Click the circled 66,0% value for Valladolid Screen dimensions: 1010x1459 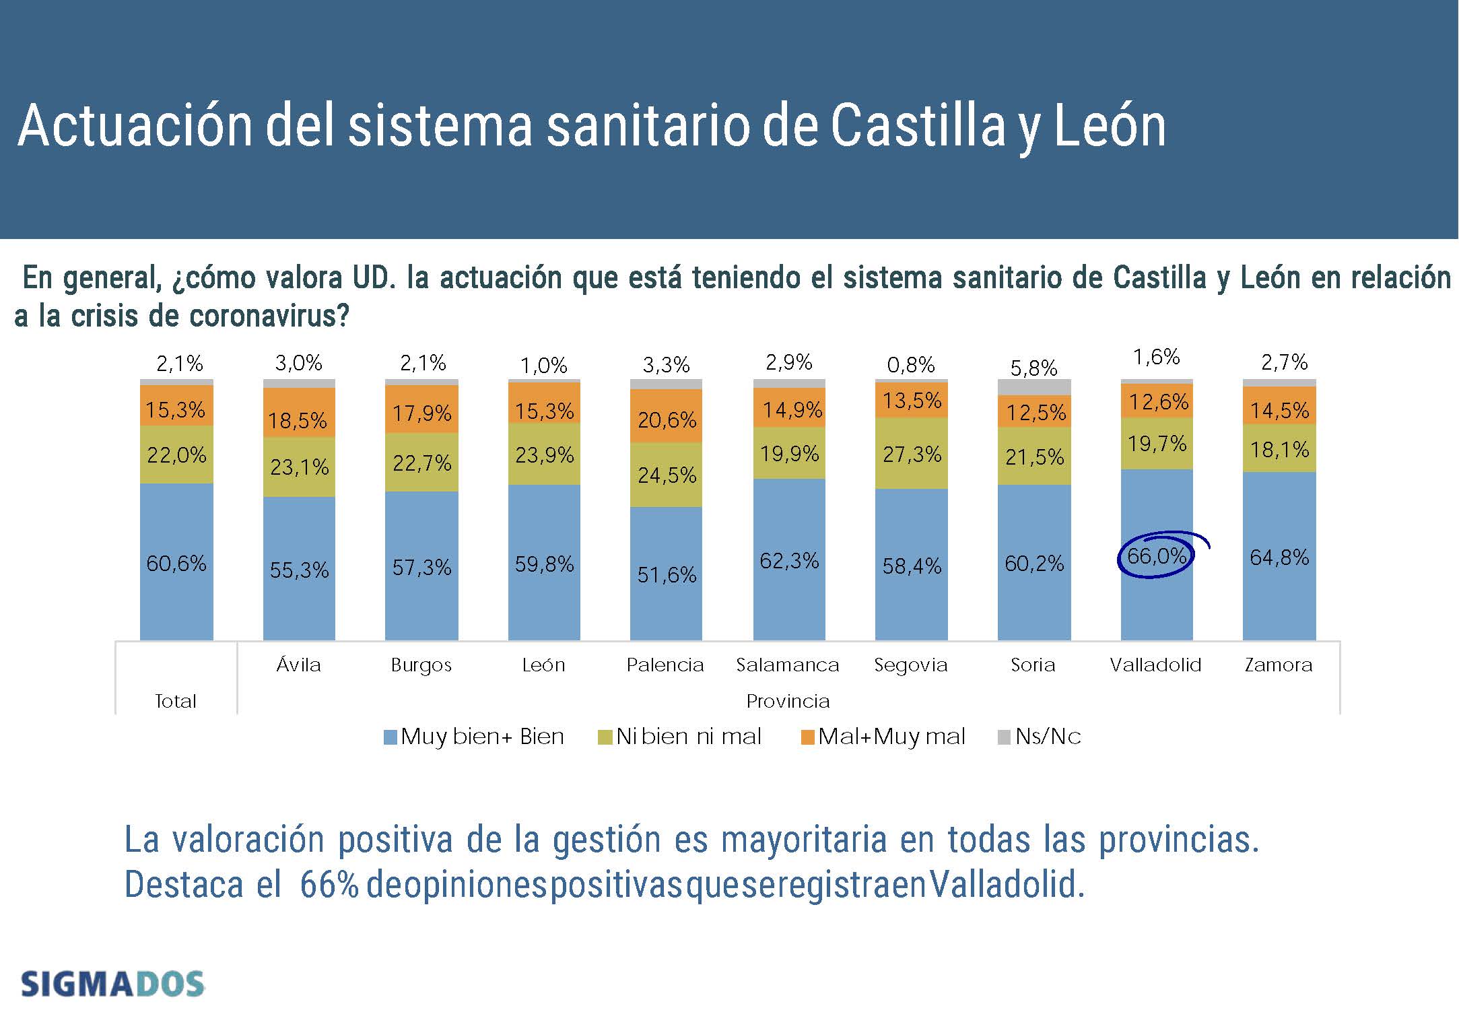coord(1156,556)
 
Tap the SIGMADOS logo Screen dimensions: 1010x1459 coord(112,984)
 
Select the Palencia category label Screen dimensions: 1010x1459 coord(665,665)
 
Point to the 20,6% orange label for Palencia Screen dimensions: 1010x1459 coord(667,420)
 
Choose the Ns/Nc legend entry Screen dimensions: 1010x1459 coord(1040,737)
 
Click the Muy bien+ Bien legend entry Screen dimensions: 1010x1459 coord(474,737)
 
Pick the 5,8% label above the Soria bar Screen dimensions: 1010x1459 coord(1033,368)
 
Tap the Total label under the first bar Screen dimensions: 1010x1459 coord(176,702)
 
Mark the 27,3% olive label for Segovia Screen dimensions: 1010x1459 coord(912,454)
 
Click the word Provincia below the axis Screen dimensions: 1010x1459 coord(788,702)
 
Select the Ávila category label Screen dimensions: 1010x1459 coord(298,665)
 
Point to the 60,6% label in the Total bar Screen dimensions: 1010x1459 coord(176,563)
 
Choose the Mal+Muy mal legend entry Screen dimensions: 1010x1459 coord(883,737)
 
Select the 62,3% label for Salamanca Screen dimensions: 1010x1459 coord(789,561)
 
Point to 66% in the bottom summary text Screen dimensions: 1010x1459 coord(329,885)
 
